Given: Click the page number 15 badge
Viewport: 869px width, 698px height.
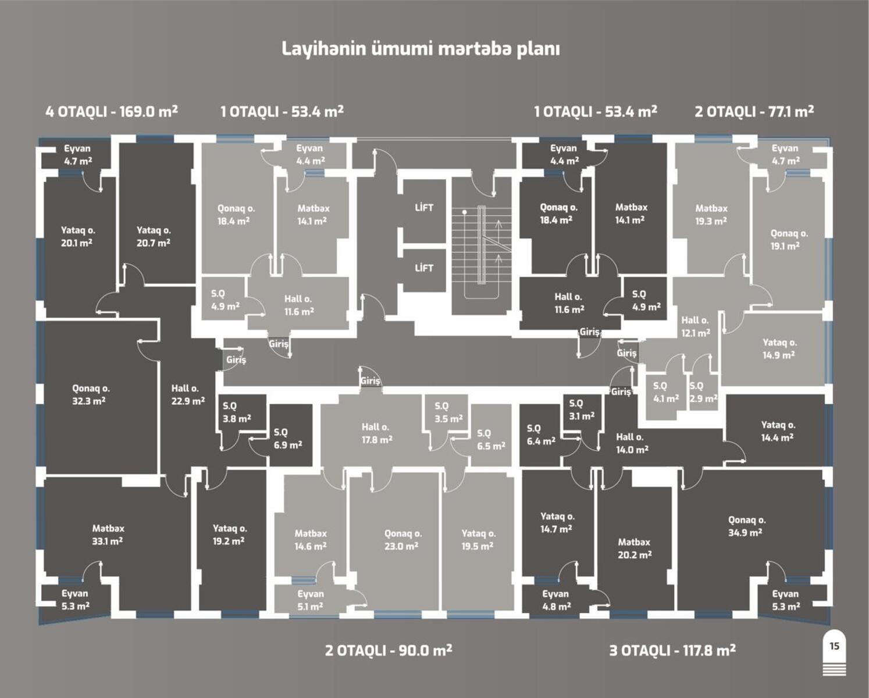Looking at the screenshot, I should coord(834,646).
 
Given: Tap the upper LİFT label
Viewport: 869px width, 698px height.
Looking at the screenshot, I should coord(424,208).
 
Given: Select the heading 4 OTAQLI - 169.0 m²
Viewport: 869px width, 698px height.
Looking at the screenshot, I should coord(112,111).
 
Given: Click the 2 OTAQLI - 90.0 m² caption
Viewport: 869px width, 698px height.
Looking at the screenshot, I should coord(389,650).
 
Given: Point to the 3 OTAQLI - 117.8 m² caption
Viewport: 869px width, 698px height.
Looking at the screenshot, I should coord(672,650).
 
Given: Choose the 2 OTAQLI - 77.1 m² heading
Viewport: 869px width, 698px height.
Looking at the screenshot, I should coord(754,111).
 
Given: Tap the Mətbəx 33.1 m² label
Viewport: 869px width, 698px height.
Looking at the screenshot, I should coord(108,535).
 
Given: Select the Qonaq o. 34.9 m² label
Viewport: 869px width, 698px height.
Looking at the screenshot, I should coord(746,526).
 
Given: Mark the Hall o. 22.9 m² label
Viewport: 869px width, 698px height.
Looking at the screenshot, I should coord(187,394).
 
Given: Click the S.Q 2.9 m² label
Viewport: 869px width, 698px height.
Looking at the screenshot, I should coord(703,392).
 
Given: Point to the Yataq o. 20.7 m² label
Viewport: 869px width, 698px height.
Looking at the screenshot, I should coord(154,236).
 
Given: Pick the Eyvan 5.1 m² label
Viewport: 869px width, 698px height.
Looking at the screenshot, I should coord(310,600).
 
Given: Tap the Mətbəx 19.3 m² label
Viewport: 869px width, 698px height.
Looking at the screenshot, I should coord(711,214).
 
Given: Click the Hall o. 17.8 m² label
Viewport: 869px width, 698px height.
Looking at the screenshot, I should coord(376,433).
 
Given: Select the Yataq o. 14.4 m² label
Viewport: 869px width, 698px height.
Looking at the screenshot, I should coord(778,431).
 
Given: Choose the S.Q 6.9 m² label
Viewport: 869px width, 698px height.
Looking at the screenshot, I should coord(287,439).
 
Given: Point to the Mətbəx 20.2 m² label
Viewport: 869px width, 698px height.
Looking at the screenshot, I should coord(634,548).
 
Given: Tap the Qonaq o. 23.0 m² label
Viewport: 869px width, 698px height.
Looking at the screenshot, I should coord(403,540).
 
